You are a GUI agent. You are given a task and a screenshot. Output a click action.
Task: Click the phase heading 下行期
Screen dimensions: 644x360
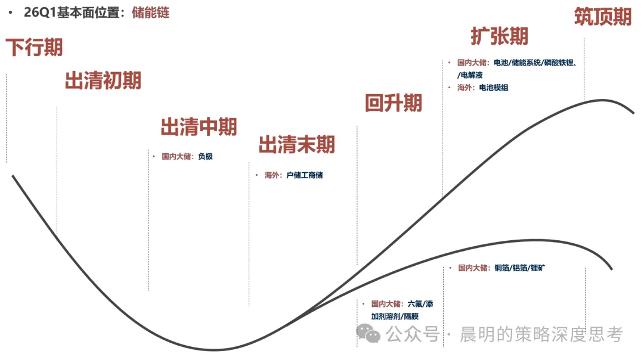34,47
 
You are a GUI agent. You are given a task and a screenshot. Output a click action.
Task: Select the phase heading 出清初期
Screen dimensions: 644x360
103,80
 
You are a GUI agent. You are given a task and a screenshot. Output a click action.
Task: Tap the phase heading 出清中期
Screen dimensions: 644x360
199,127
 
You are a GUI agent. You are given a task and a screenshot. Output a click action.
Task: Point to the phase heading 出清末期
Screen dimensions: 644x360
297,144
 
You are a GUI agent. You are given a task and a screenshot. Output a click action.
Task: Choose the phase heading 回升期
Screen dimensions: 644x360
394,103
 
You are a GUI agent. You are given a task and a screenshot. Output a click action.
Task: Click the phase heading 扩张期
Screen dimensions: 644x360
500,36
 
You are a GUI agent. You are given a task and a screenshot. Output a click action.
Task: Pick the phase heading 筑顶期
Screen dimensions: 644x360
602,17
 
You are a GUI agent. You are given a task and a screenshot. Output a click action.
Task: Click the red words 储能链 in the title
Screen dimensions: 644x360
150,13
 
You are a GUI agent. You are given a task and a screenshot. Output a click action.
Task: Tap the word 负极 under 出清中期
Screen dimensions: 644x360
205,156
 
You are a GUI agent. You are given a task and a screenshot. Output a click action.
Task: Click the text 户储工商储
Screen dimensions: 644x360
304,175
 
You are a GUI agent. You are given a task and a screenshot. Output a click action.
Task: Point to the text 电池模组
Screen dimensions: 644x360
494,88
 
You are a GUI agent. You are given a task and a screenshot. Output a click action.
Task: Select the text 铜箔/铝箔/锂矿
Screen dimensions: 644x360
519,268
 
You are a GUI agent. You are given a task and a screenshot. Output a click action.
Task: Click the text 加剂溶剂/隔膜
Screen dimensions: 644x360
395,316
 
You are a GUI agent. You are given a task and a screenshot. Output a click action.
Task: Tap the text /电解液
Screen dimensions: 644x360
470,75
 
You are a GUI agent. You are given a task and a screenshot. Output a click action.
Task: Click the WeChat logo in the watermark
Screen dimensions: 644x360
368,333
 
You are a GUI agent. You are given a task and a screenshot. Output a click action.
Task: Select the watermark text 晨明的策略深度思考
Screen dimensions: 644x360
541,334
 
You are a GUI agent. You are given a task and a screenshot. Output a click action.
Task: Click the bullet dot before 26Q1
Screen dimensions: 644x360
10,13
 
